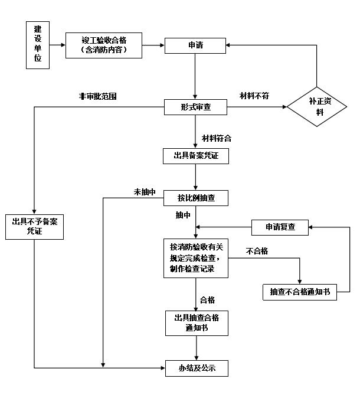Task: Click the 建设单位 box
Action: (38, 45)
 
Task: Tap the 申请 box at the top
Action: (195, 45)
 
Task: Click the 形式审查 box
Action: (195, 107)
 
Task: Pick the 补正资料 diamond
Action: (319, 107)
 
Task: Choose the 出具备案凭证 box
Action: (195, 156)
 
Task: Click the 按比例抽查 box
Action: (195, 198)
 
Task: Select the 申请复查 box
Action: (280, 227)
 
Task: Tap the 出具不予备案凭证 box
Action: (35, 227)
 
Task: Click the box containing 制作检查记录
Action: (195, 258)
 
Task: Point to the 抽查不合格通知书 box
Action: (300, 292)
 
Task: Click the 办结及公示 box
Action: (195, 368)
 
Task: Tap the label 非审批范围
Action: (98, 96)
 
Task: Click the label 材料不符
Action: (254, 96)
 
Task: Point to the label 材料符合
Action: (216, 139)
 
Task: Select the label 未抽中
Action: (145, 191)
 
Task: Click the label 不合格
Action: (257, 252)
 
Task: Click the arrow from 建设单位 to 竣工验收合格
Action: (57, 45)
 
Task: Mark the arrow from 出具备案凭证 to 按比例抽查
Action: (195, 177)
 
